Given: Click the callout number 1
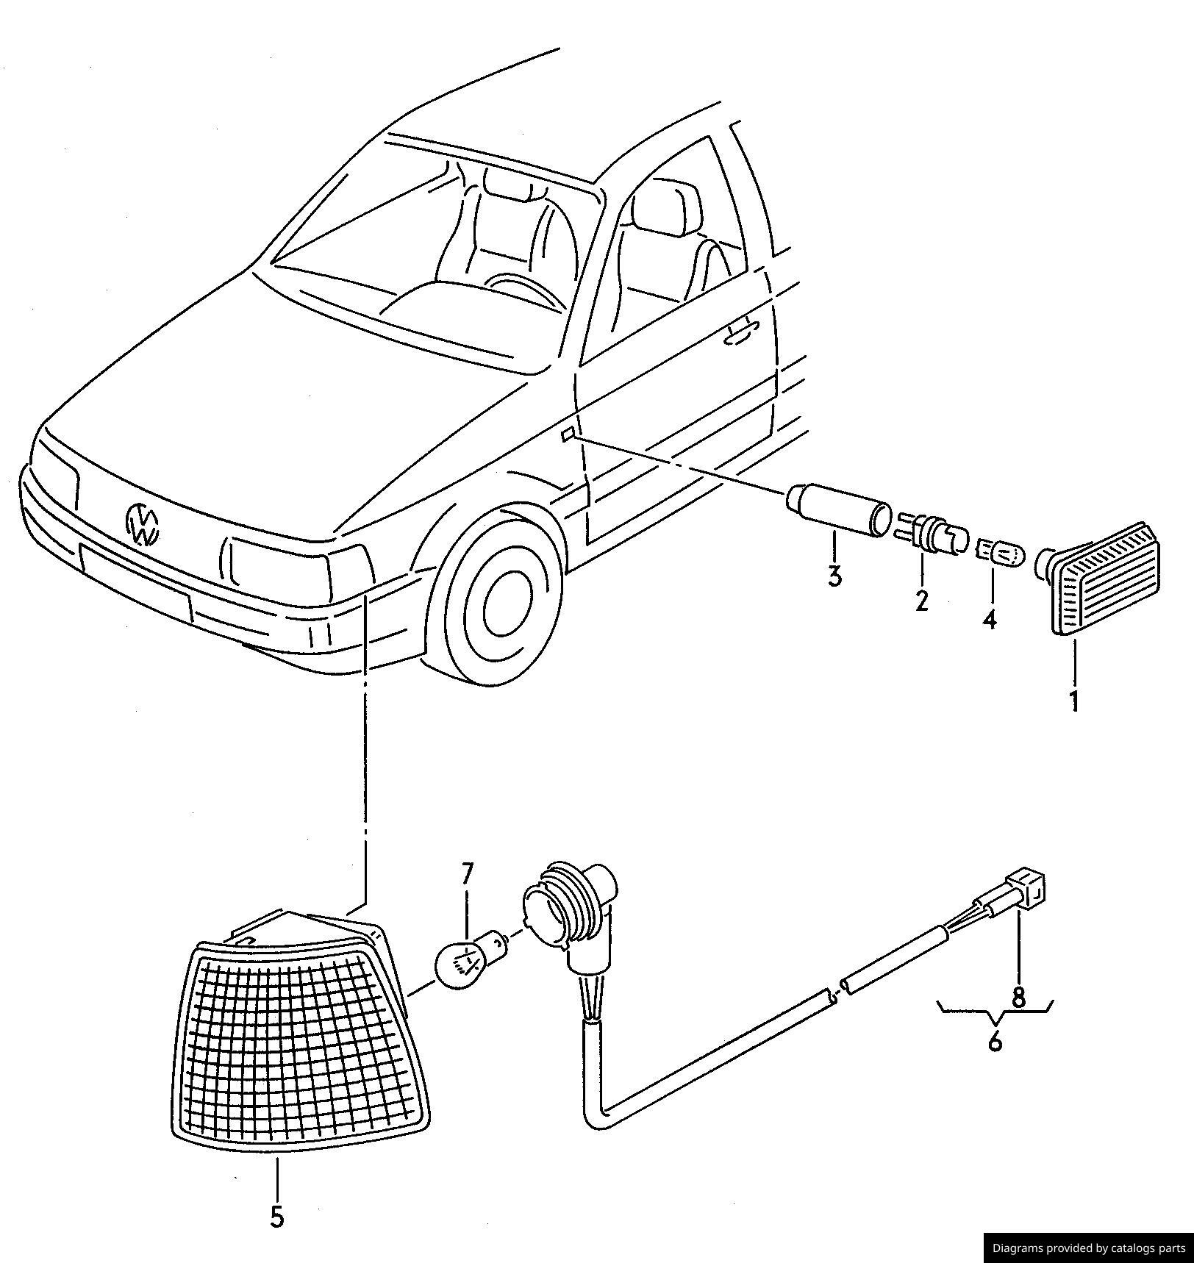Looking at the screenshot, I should pyautogui.click(x=1074, y=701).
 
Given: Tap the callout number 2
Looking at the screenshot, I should pyautogui.click(x=922, y=601).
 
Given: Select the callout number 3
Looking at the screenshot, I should pyautogui.click(x=834, y=576).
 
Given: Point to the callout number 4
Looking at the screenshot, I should pyautogui.click(x=990, y=619).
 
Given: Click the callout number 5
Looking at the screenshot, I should pyautogui.click(x=276, y=1217).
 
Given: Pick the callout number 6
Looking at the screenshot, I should pyautogui.click(x=995, y=1041).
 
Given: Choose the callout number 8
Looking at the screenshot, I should pyautogui.click(x=1018, y=998).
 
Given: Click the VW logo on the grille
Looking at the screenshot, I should pyautogui.click(x=142, y=523).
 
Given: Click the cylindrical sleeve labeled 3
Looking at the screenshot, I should pyautogui.click(x=838, y=508).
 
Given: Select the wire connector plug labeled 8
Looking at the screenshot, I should pyautogui.click(x=1026, y=889).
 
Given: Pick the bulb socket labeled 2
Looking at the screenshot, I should pyautogui.click(x=931, y=534).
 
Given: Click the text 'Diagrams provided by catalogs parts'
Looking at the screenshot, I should pyautogui.click(x=1088, y=1248).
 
